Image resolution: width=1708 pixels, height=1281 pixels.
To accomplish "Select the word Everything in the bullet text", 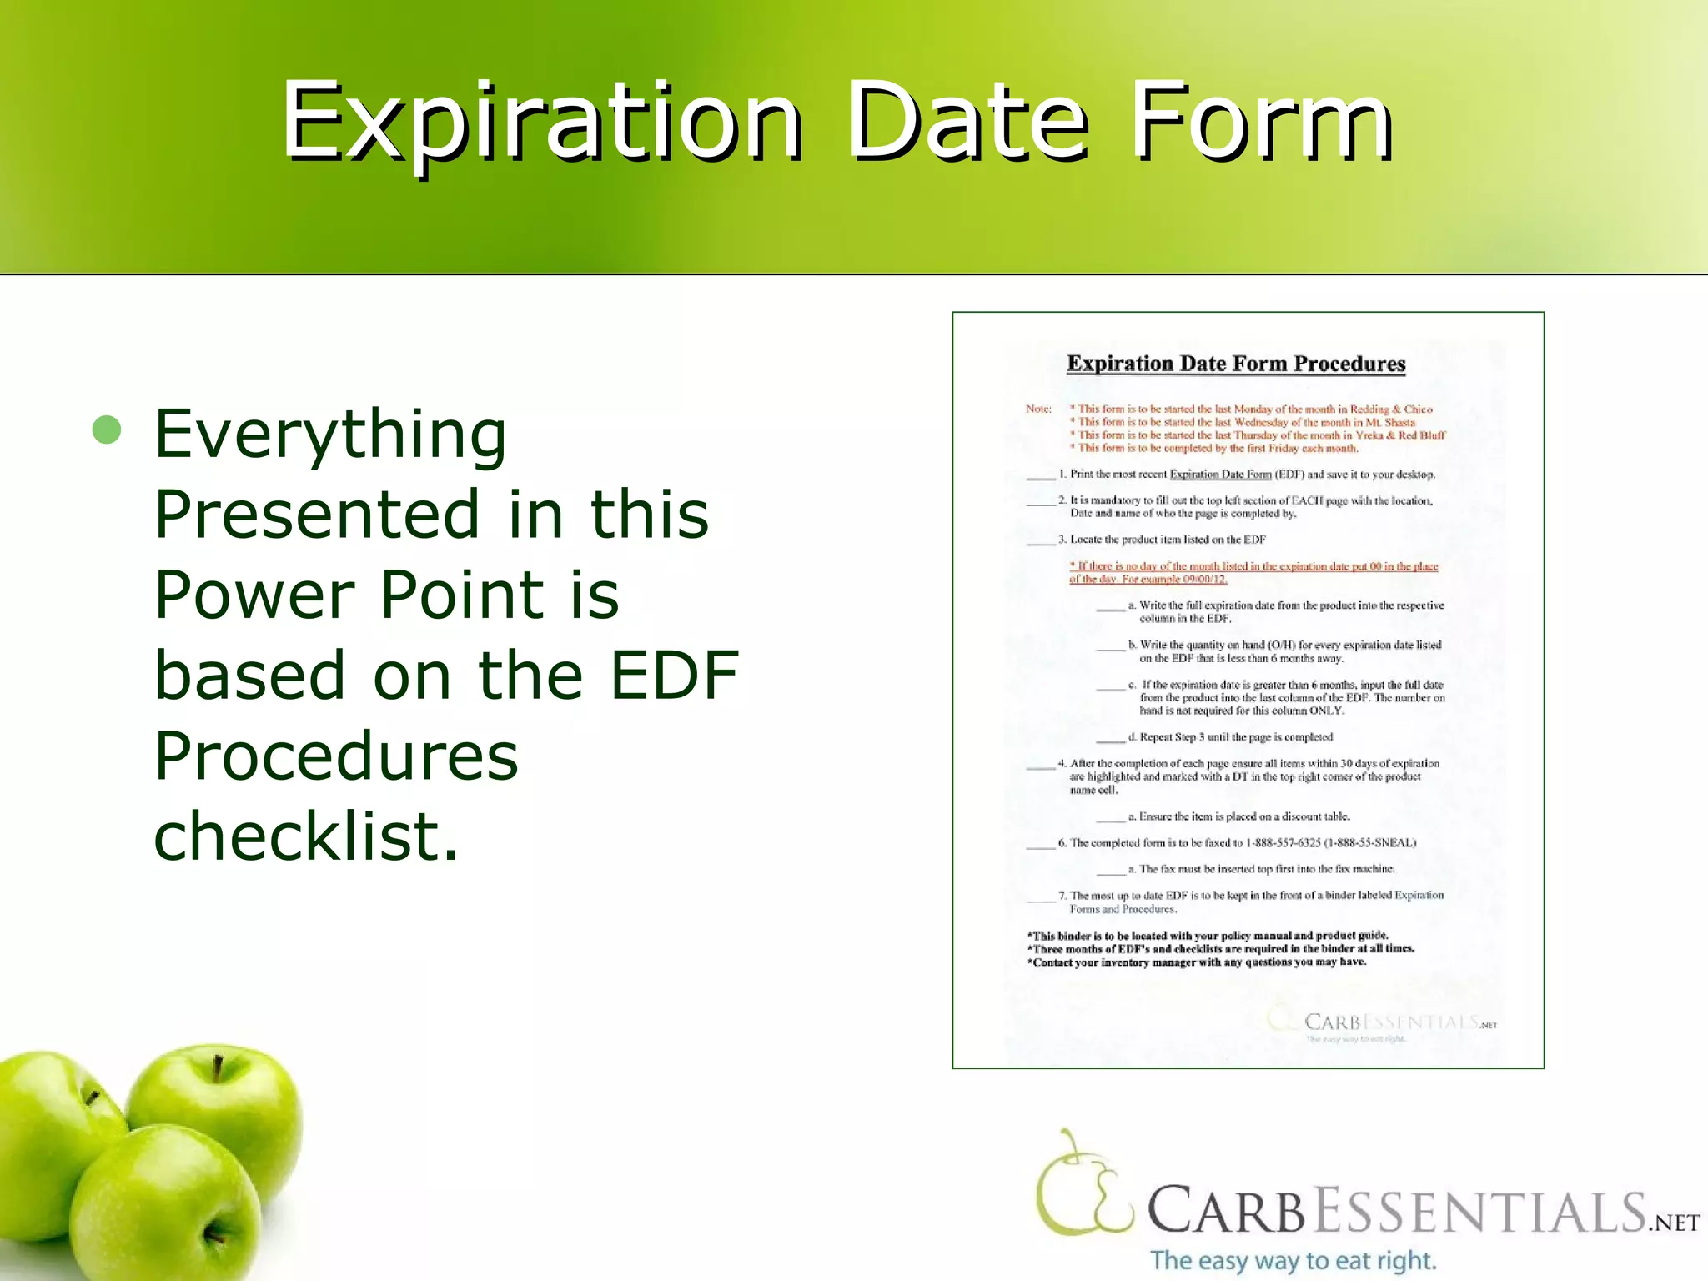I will pos(330,434).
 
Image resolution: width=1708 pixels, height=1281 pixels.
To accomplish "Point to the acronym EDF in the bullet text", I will pos(674,675).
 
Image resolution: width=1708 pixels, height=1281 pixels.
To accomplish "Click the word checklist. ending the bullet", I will pos(305,836).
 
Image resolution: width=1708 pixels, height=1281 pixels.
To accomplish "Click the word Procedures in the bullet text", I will pos(336,756).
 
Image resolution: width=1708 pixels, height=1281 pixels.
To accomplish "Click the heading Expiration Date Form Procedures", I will pos(1236,364).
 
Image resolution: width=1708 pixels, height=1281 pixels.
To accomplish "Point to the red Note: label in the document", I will pos(1038,409).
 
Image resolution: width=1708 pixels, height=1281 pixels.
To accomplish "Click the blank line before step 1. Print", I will pos(1040,477).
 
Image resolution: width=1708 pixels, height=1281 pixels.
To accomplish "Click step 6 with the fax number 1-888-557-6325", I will pos(1237,843).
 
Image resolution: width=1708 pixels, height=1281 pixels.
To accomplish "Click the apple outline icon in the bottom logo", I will pos(1080,1184).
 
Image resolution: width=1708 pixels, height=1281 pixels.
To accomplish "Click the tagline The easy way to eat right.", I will pos(1293,1260).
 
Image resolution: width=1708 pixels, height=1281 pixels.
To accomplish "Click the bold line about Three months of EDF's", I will pos(1223,949).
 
